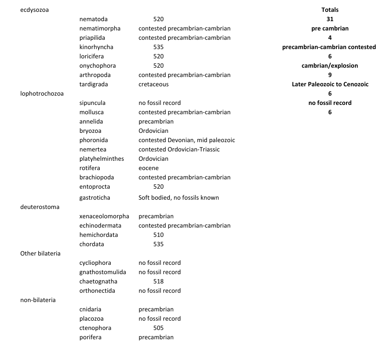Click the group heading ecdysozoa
(34, 10)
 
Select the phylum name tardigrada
(93, 84)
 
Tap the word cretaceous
(153, 84)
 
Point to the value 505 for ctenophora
(158, 328)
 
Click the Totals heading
(330, 10)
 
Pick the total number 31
(330, 19)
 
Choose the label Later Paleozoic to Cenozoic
(330, 84)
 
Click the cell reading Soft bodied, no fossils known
(178, 198)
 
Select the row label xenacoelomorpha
(104, 216)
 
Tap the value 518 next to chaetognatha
(158, 281)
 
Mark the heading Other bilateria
(40, 253)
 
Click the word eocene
(149, 168)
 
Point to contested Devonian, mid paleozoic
(187, 140)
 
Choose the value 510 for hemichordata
(158, 235)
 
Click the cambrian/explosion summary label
(330, 66)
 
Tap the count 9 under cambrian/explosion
(330, 75)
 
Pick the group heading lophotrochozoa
(42, 93)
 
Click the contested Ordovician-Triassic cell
(179, 149)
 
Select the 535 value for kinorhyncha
(158, 47)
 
